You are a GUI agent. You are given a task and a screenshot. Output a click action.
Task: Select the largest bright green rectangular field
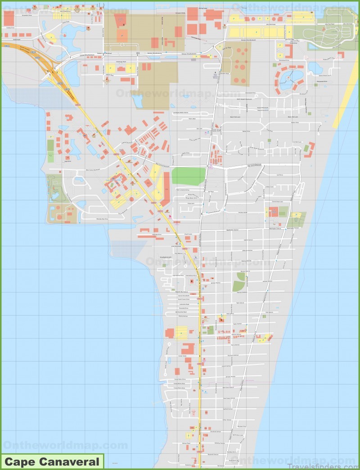(189, 176)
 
